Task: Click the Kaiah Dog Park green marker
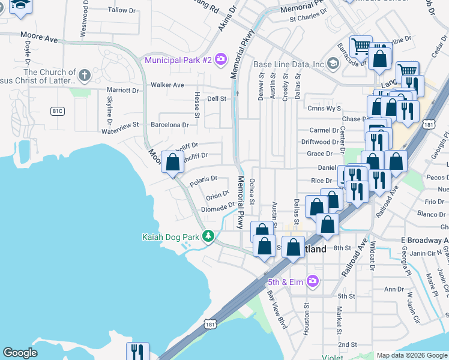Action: pyautogui.click(x=208, y=236)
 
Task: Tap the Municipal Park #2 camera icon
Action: pyautogui.click(x=221, y=59)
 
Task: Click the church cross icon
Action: pyautogui.click(x=85, y=76)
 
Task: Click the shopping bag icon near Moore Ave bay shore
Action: pyautogui.click(x=173, y=162)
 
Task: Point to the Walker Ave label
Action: pyautogui.click(x=167, y=85)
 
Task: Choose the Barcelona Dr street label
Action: pyautogui.click(x=170, y=125)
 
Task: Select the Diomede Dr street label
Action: pyautogui.click(x=217, y=207)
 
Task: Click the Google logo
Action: pyautogui.click(x=20, y=353)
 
